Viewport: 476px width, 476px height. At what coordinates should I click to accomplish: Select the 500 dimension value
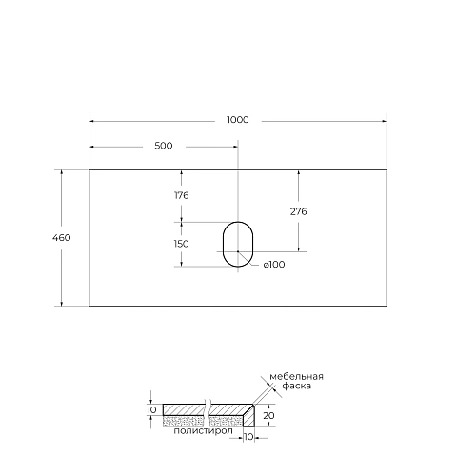(x=163, y=146)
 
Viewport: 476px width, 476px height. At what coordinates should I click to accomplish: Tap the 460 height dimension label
(x=62, y=237)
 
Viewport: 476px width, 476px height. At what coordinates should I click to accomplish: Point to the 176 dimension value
(x=181, y=195)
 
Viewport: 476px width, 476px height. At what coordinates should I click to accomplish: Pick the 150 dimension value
(x=181, y=244)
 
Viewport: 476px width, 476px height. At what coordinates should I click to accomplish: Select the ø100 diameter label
(x=273, y=264)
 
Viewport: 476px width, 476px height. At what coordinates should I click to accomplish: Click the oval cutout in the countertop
(x=237, y=244)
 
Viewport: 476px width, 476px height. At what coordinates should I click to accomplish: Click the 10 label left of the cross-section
(x=150, y=410)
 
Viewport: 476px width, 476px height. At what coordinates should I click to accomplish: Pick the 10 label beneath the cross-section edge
(x=248, y=439)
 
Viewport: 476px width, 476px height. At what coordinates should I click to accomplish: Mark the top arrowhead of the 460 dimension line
(x=62, y=172)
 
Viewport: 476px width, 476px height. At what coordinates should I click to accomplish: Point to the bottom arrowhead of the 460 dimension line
(x=62, y=305)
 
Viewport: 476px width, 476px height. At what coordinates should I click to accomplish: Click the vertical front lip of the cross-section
(x=248, y=417)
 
